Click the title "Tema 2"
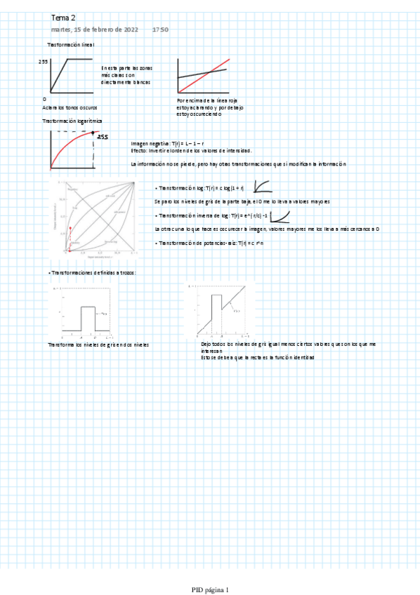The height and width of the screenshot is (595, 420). tap(63, 17)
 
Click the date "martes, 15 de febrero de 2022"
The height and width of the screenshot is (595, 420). tap(95, 30)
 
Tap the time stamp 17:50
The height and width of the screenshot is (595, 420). tap(160, 30)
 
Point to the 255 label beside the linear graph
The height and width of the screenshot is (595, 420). tap(44, 62)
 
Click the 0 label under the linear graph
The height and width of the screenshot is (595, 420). tap(44, 100)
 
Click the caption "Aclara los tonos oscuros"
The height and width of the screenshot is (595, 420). tap(70, 107)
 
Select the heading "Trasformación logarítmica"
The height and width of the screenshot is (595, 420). tap(75, 121)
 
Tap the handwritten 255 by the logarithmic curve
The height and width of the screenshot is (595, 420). tap(103, 138)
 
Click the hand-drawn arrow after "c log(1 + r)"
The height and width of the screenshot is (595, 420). tap(263, 187)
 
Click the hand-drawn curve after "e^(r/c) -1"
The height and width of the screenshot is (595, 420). tap(280, 215)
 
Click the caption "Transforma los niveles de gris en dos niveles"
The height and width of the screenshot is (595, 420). tap(98, 345)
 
